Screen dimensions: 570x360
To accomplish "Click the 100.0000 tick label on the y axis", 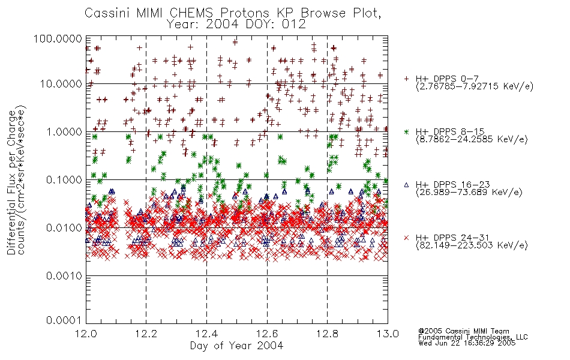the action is tap(58, 38).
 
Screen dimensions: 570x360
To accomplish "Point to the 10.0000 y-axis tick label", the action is tap(61, 84).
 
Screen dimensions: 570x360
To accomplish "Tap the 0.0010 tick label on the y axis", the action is tap(64, 276).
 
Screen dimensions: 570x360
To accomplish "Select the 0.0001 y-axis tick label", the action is tap(64, 320).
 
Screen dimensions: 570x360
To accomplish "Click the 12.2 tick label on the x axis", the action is tap(146, 334).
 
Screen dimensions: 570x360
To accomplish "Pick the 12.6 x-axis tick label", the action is tap(267, 334).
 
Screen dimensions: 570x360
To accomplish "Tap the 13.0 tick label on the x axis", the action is tap(388, 334).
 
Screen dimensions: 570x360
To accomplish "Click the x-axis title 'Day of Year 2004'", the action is tap(236, 346).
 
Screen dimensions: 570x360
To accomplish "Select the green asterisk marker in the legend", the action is tap(406, 132).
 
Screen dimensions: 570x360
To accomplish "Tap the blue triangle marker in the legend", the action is tap(406, 185).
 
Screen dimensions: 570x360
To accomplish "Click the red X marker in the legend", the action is tap(406, 238).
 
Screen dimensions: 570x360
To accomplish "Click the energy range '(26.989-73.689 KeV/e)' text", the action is tap(469, 193).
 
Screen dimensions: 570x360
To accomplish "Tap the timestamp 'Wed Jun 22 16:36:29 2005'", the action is tap(467, 343).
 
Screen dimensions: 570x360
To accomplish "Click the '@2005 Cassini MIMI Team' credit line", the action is tap(464, 331).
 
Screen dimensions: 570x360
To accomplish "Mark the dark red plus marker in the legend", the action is tap(406, 79).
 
